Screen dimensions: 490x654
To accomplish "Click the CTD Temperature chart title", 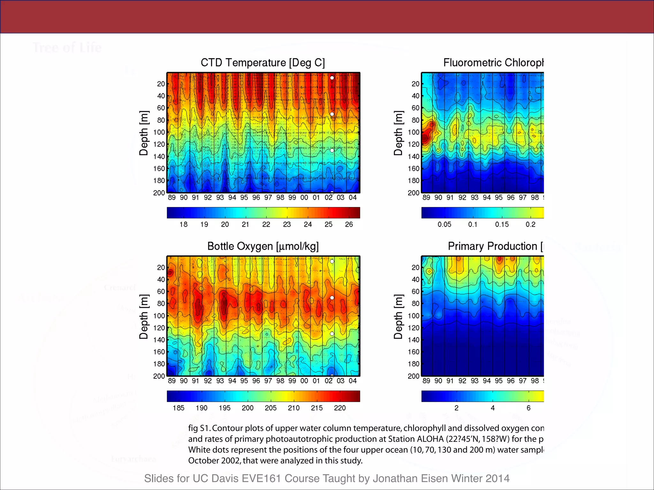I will [262, 63].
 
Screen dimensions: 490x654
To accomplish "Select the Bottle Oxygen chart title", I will [263, 246].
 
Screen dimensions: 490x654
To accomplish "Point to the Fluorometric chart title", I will [493, 63].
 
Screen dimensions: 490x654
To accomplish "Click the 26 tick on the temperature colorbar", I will [349, 224].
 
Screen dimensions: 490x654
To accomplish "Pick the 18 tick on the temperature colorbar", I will [183, 224].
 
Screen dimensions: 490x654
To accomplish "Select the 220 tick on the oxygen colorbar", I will [340, 408].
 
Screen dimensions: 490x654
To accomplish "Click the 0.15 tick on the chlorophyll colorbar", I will [502, 224].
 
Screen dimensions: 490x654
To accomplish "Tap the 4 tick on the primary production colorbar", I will [492, 408].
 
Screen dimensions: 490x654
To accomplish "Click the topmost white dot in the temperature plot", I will [332, 78].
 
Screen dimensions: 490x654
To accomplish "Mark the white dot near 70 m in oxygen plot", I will [332, 298].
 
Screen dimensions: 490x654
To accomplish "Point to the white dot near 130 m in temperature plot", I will [332, 151].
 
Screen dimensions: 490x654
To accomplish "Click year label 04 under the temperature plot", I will [353, 197].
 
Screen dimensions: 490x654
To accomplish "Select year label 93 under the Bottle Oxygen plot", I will [220, 381].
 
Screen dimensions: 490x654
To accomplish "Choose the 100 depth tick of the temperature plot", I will [159, 132].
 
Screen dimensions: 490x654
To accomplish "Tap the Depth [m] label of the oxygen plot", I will [144, 316].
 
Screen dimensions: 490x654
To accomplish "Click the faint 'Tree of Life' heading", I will [67, 48].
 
